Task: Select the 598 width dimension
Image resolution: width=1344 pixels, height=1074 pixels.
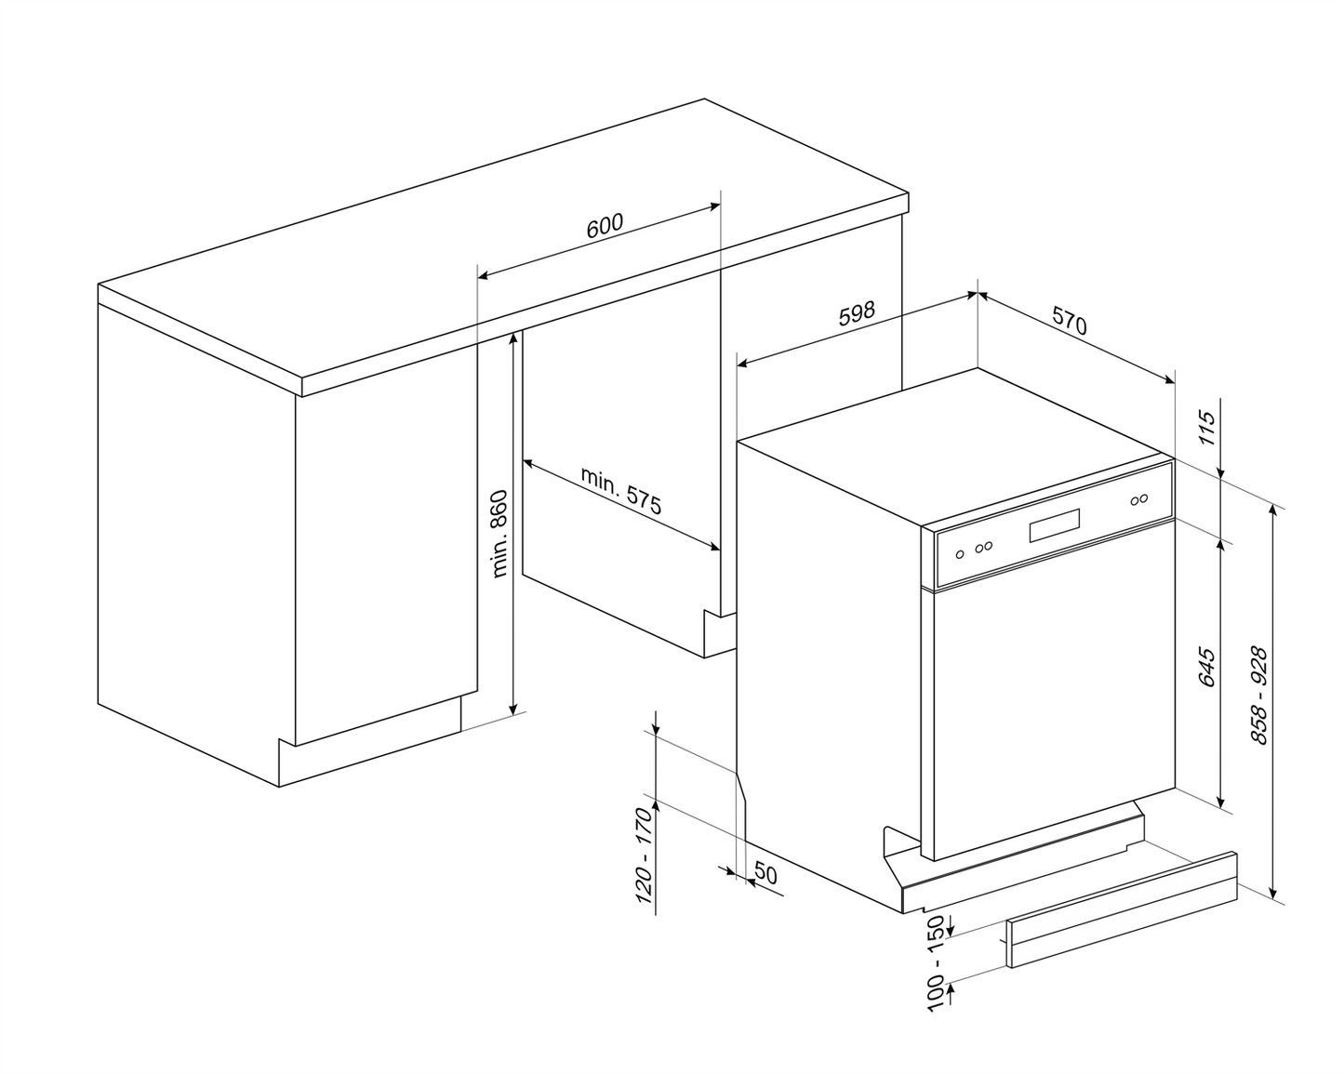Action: [x=857, y=312]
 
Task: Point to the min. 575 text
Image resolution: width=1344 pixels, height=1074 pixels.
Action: [x=621, y=491]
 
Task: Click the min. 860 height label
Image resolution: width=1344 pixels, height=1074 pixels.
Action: [x=499, y=534]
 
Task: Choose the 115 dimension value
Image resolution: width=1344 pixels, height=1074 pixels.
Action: [x=1205, y=429]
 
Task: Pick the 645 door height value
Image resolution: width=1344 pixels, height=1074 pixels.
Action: [x=1205, y=667]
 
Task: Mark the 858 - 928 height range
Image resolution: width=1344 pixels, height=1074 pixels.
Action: [x=1259, y=696]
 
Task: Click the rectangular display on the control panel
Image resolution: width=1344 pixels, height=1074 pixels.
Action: [x=1054, y=528]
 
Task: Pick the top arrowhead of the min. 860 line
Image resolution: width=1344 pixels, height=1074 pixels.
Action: [x=512, y=338]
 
